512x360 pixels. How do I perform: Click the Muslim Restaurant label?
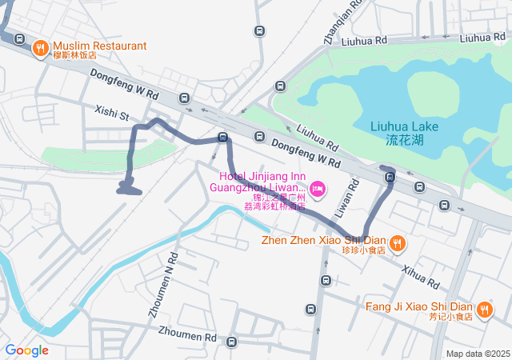tap(101, 46)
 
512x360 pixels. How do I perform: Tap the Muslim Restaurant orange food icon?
tap(39, 49)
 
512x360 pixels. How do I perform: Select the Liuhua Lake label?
tap(404, 133)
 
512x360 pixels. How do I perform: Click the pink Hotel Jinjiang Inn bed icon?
tap(317, 189)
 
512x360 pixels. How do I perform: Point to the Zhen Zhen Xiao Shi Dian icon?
tap(398, 242)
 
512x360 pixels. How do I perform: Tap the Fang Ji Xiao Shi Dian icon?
tap(483, 309)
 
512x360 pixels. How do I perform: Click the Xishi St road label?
tap(112, 114)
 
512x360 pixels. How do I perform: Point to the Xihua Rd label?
tap(421, 278)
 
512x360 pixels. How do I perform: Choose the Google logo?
tap(26, 350)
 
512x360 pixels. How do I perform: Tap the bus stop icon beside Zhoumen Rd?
tap(231, 342)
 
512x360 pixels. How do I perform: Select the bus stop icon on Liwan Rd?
tap(326, 280)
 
